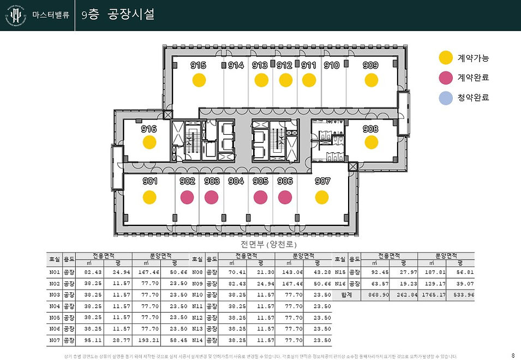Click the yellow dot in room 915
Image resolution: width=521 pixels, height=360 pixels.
tap(199, 80)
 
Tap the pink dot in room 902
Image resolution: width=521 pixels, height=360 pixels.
tap(187, 197)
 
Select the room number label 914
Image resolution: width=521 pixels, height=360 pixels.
tap(236, 65)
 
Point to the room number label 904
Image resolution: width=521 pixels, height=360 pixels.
tap(236, 181)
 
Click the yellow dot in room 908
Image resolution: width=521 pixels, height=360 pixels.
tap(371, 142)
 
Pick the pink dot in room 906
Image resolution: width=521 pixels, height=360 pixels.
tap(285, 197)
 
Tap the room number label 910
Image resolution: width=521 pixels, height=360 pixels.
tap(332, 65)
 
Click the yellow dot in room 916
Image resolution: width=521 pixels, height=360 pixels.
tap(149, 142)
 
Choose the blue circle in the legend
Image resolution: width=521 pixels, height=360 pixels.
tap(446, 98)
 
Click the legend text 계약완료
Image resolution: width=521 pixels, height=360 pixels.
tap(473, 78)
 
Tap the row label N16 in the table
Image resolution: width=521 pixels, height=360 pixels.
tap(340, 283)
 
